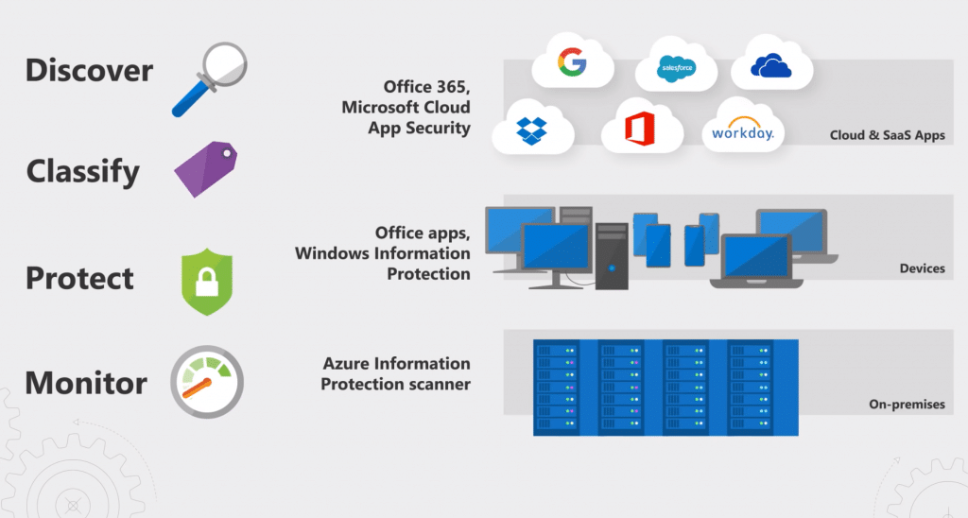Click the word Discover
click(x=89, y=71)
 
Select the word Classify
click(x=83, y=172)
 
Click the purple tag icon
click(x=205, y=168)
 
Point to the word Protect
click(x=80, y=279)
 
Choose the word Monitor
click(x=86, y=384)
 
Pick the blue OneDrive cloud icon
click(x=771, y=64)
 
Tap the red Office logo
click(x=642, y=129)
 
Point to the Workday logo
click(x=742, y=131)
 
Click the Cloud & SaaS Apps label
click(x=887, y=135)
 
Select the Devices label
click(x=922, y=268)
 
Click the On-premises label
click(x=907, y=405)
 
